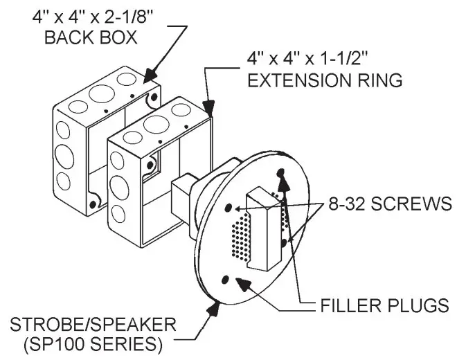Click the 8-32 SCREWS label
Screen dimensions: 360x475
click(389, 204)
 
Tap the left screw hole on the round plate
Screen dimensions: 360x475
click(228, 206)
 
